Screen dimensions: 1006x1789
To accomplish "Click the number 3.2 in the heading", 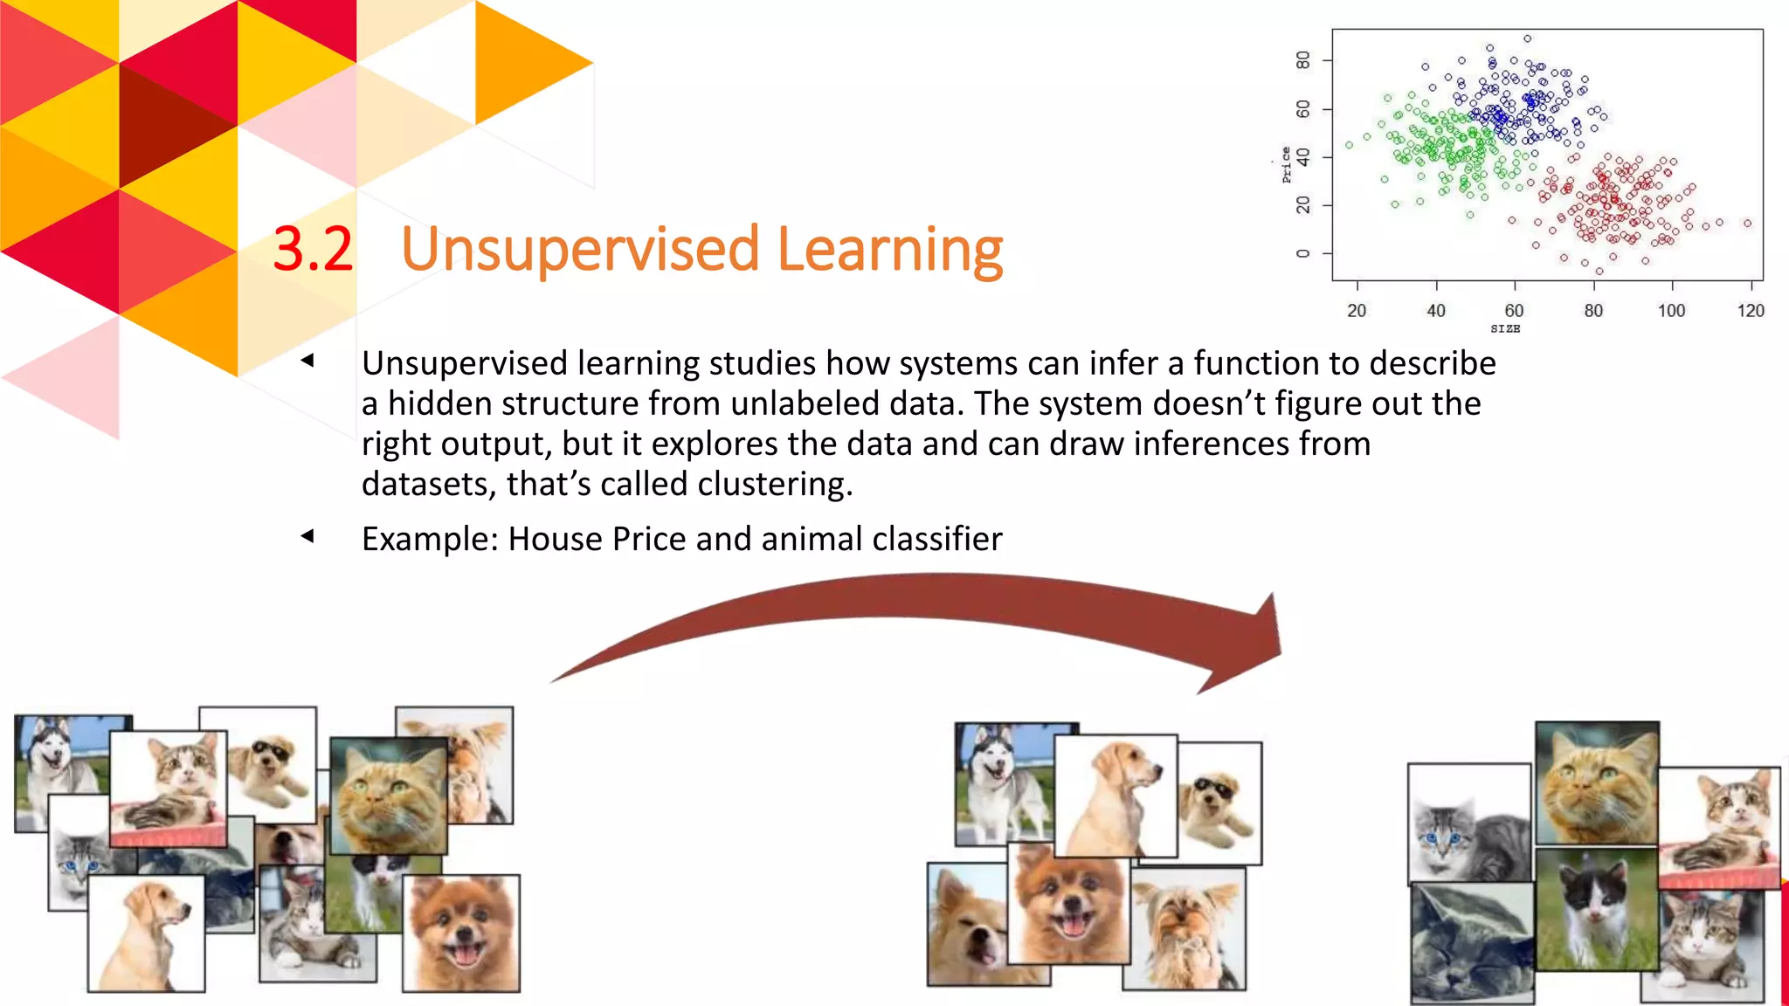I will pos(312,250).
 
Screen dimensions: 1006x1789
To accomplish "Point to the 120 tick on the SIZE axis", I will pos(1750,311).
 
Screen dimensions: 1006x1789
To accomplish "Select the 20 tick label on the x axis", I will pos(1356,311).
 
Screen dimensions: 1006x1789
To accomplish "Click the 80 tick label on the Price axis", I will pos(1303,60).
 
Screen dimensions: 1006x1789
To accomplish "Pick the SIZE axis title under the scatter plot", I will pos(1504,329).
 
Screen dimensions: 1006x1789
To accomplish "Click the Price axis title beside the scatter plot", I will pos(1286,164).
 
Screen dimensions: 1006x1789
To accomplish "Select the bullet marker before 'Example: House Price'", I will pos(307,536).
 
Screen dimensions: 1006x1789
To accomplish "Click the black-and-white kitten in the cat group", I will pos(1595,908).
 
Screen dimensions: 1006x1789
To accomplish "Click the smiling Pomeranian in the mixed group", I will pos(461,933).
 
